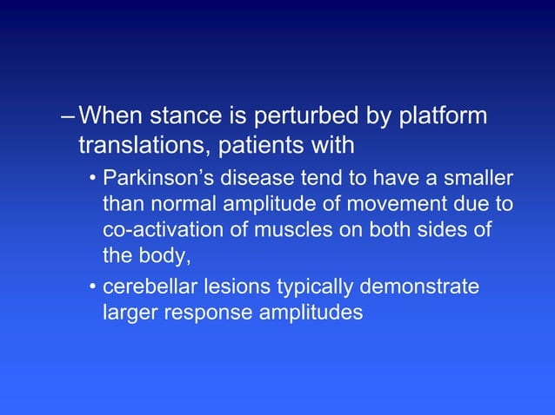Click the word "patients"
[255, 145]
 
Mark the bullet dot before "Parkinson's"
[91, 181]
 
